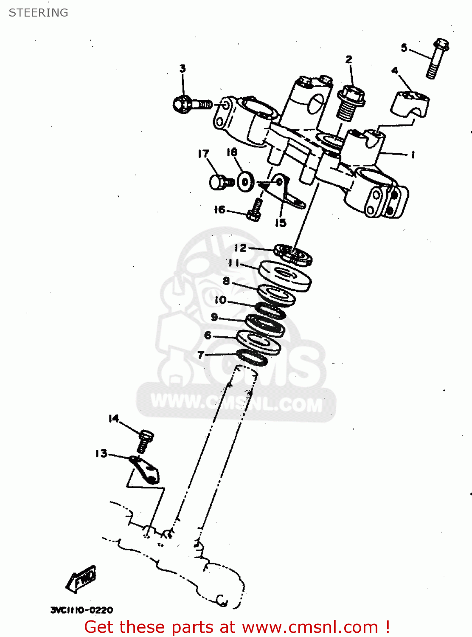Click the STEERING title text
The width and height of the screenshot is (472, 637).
[38, 13]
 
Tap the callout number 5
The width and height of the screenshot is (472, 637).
[404, 48]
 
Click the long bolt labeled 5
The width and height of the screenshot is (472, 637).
[437, 59]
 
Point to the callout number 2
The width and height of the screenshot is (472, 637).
[348, 59]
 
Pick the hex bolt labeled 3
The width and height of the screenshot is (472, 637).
[191, 104]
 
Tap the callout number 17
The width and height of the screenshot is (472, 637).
[203, 154]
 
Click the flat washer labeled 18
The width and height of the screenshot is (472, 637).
[245, 182]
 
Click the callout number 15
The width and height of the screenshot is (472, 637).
[280, 223]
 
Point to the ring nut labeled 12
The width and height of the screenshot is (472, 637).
[293, 255]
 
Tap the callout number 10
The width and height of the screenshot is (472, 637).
[220, 300]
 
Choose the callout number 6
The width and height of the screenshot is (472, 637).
[208, 335]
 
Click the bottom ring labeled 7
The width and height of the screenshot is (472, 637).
[252, 358]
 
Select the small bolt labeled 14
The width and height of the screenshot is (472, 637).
[145, 442]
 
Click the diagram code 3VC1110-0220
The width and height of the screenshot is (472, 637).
[82, 610]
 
